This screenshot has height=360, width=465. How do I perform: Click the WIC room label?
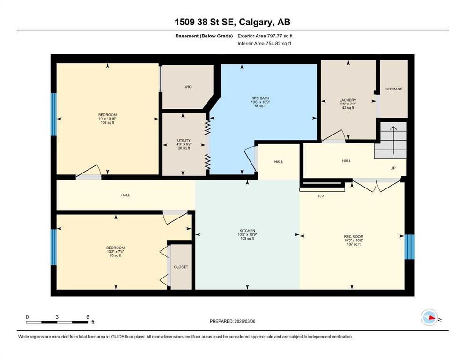tap(188, 87)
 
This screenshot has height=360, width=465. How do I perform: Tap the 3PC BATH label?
tap(260, 98)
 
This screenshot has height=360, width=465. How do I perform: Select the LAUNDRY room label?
tap(348, 100)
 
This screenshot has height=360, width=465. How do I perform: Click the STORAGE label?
tap(393, 89)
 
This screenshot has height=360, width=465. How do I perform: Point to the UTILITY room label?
tap(183, 140)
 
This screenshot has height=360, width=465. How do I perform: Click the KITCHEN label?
tap(247, 231)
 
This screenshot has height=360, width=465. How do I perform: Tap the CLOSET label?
tap(181, 267)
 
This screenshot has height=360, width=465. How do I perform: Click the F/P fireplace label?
tap(321, 196)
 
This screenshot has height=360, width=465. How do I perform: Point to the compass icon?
tap(429, 318)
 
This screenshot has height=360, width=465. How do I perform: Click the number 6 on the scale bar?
tap(88, 317)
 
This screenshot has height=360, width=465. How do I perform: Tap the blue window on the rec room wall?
tap(410, 247)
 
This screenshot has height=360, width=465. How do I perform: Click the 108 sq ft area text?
tap(107, 123)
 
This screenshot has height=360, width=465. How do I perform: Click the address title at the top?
tap(232, 22)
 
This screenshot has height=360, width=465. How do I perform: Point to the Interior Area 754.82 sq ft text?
tap(265, 44)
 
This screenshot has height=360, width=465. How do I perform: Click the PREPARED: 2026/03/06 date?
tap(232, 321)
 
